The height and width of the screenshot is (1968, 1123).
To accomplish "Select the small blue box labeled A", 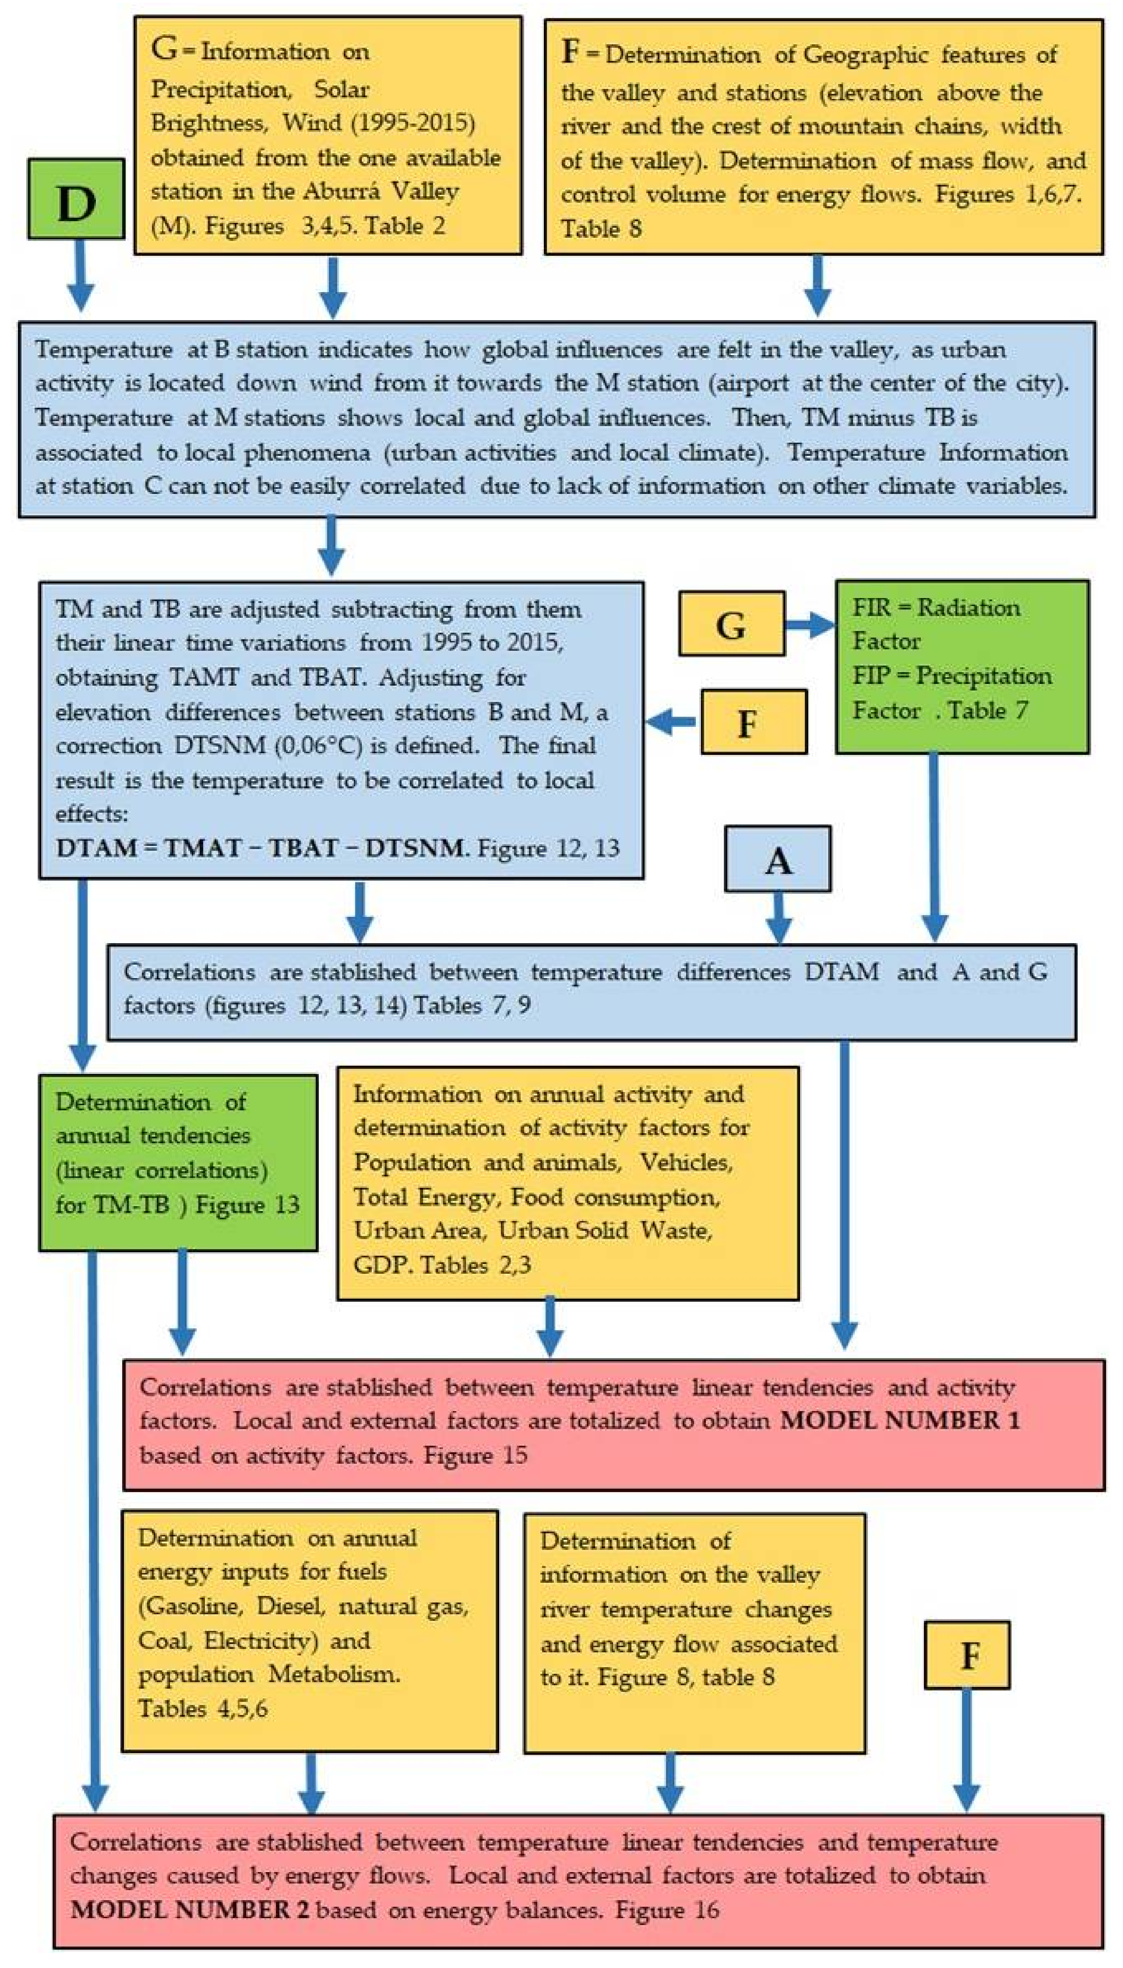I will tap(778, 859).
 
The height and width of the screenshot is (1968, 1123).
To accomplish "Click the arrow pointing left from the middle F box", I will tap(670, 723).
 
